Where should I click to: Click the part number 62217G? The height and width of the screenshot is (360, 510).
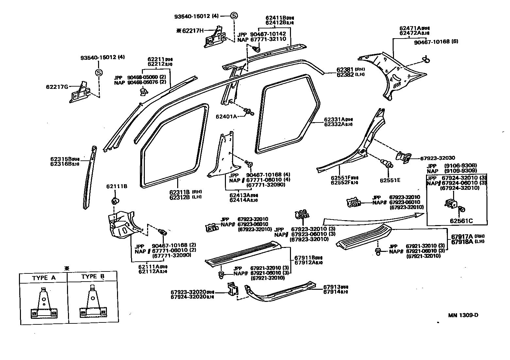coord(57,87)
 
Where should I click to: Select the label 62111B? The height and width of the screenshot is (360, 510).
coord(117,187)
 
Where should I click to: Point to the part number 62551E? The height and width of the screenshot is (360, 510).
coord(390,180)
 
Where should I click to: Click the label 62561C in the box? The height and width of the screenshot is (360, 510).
coord(461,221)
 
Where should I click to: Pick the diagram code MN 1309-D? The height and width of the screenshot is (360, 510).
coord(463,315)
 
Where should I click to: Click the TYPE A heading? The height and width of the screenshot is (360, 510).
coord(44,278)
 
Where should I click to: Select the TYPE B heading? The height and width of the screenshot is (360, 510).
coord(93,277)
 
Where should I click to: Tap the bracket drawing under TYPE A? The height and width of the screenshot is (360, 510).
coord(43,304)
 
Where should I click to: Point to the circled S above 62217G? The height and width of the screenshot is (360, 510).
coord(98,73)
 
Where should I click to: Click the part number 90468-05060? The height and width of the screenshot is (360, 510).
coord(143,77)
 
